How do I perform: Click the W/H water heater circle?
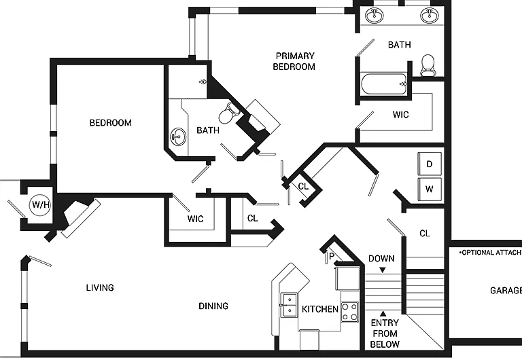pyautogui.click(x=40, y=204)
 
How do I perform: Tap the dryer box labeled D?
pyautogui.click(x=430, y=164)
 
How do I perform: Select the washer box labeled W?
pyautogui.click(x=430, y=189)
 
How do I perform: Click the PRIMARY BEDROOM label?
pyautogui.click(x=294, y=61)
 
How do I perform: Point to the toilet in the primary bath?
pyautogui.click(x=428, y=65)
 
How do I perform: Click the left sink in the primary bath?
pyautogui.click(x=375, y=16)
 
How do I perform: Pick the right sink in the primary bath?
pyautogui.click(x=430, y=16)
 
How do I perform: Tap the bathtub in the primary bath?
pyautogui.click(x=384, y=84)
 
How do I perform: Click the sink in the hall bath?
pyautogui.click(x=179, y=137)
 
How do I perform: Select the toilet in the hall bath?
pyautogui.click(x=229, y=113)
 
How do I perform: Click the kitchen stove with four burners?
pyautogui.click(x=350, y=312)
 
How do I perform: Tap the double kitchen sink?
pyautogui.click(x=289, y=305)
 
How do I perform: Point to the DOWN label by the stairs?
pyautogui.click(x=381, y=259)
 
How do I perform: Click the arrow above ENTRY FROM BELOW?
pyautogui.click(x=383, y=313)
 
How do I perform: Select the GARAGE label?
pyautogui.click(x=506, y=291)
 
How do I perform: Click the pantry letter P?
pyautogui.click(x=331, y=256)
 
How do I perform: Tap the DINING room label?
pyautogui.click(x=213, y=306)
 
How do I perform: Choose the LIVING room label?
pyautogui.click(x=100, y=287)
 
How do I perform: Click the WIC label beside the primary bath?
pyautogui.click(x=400, y=115)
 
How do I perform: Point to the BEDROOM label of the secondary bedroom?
pyautogui.click(x=111, y=123)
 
